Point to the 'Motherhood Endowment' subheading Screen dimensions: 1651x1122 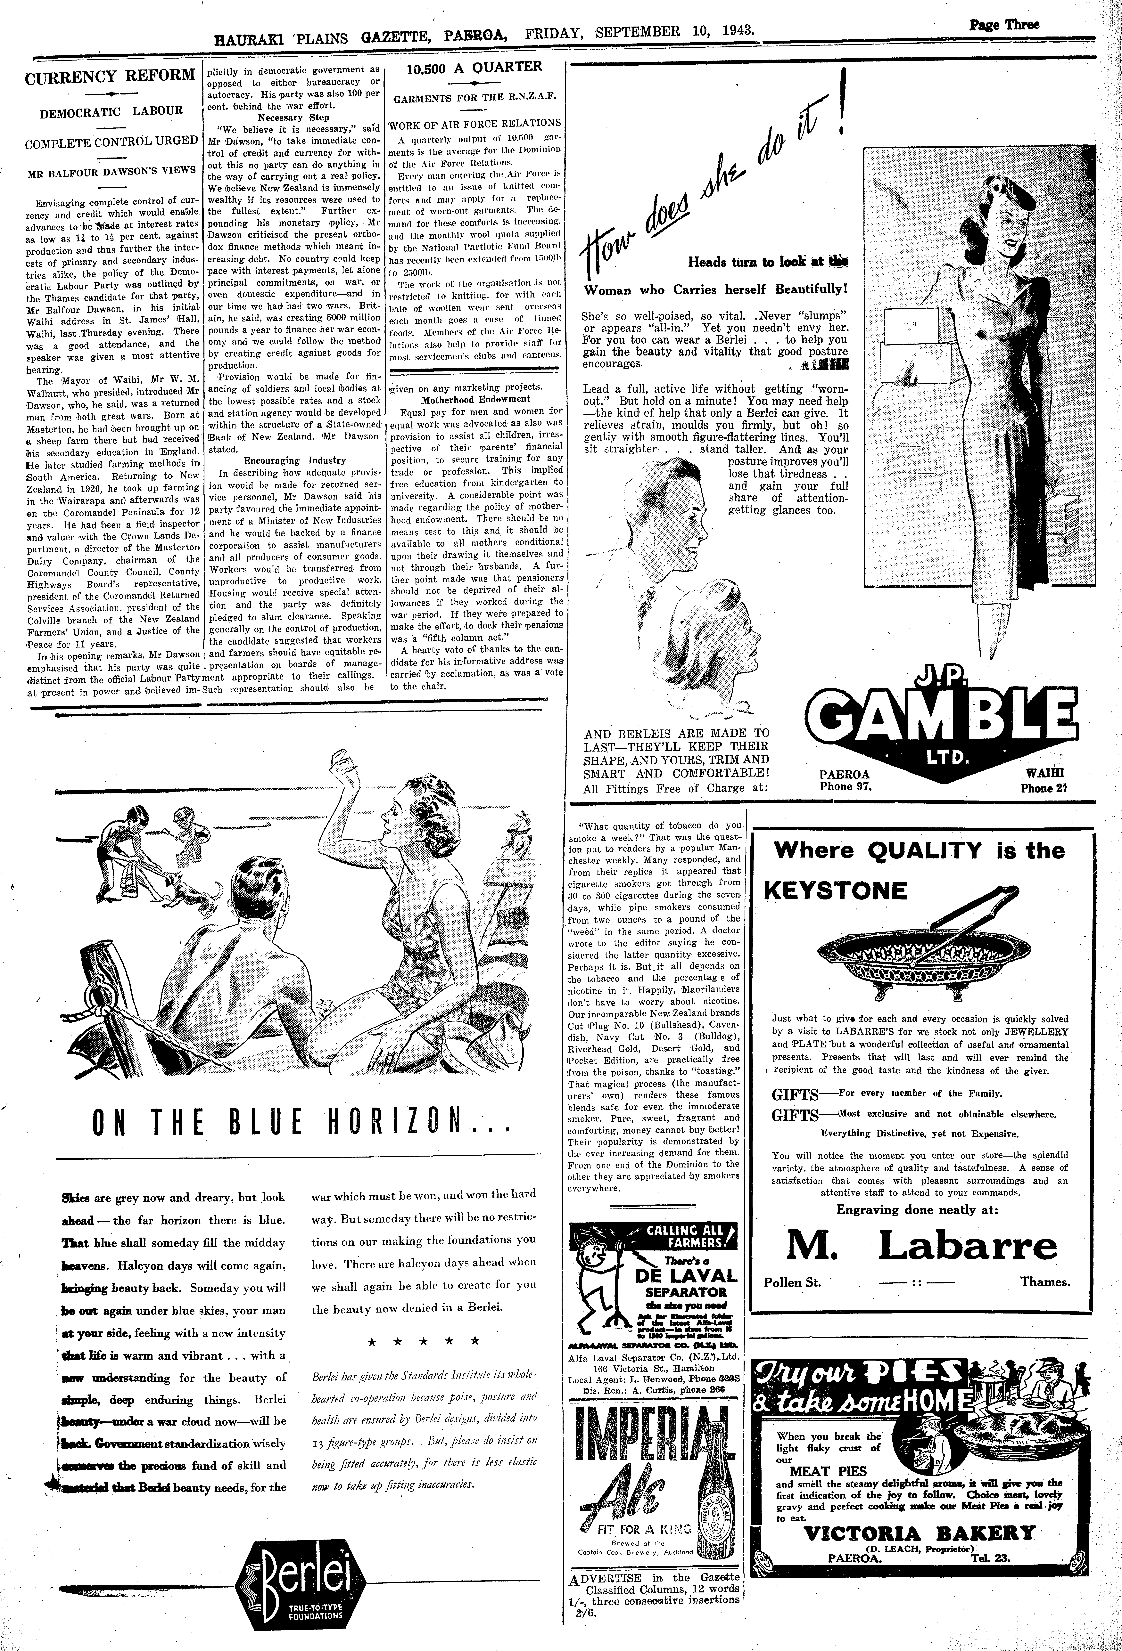[x=475, y=399]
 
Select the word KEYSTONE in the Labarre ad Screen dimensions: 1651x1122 [x=836, y=891]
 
